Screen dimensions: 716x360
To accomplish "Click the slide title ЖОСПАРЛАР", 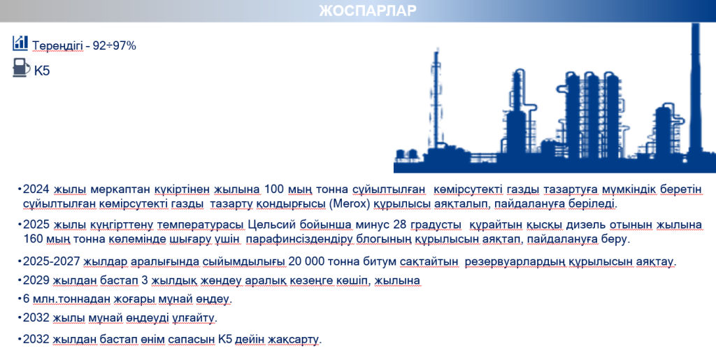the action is [x=368, y=10].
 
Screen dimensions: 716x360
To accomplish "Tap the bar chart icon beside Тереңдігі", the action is [x=20, y=43].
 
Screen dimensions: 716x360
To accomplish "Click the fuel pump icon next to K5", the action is [x=21, y=68].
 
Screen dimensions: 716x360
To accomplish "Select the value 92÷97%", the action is [x=114, y=45].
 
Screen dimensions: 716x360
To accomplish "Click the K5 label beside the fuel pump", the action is [x=42, y=71].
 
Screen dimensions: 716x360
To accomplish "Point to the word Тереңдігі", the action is [x=57, y=46].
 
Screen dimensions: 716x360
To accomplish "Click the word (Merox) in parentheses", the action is [x=350, y=203].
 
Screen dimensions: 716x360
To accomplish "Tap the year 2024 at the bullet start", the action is [x=36, y=189].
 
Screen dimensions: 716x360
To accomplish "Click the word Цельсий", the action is [x=272, y=224].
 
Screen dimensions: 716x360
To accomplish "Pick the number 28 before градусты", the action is [x=399, y=224].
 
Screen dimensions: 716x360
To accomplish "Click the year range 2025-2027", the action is [x=52, y=261].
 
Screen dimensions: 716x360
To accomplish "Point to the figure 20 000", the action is [x=306, y=261].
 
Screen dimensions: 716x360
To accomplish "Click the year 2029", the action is [x=36, y=280].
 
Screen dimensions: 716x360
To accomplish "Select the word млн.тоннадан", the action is [x=71, y=299].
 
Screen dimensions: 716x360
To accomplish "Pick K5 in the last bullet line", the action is [x=225, y=340].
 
